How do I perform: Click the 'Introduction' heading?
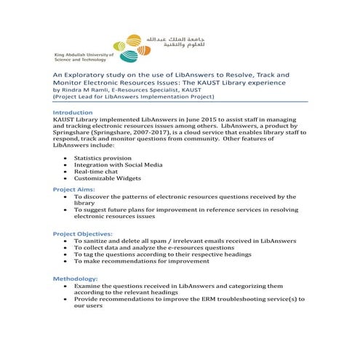click(73, 113)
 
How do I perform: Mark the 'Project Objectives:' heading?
click(83, 233)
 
